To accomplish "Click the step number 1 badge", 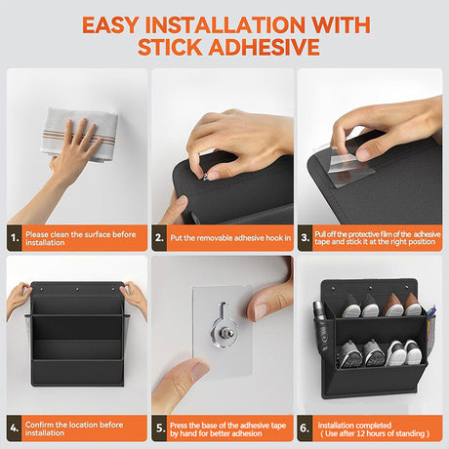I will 15,235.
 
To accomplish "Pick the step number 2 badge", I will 160,235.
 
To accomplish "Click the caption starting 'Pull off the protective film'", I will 375,235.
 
